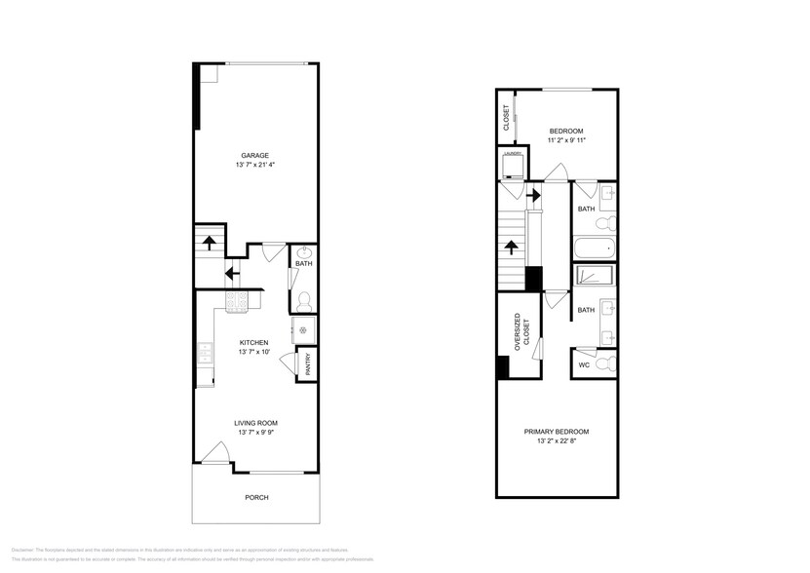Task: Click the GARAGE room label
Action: coord(255,155)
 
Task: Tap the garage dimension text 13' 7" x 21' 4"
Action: coord(255,166)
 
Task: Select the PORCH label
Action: coord(255,497)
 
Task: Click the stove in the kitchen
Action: coord(237,302)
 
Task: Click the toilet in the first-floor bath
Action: coord(303,299)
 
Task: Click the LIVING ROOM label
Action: coord(255,423)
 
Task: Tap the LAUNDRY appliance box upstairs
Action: coord(512,165)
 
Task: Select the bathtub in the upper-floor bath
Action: coord(594,247)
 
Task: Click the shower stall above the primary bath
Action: coord(594,275)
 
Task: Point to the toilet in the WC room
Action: coord(604,364)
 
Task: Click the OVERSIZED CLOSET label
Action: coord(522,329)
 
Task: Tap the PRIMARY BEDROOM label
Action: coord(556,431)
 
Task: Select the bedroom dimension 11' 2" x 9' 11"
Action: coord(565,140)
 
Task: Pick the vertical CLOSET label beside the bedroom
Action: coord(506,118)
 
